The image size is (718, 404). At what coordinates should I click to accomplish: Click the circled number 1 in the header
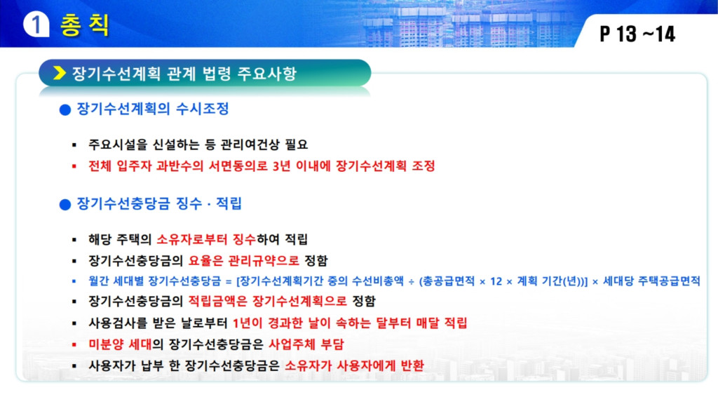click(36, 24)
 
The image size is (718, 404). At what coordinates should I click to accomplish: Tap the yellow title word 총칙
click(85, 25)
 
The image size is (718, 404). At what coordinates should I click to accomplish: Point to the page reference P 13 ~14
click(637, 34)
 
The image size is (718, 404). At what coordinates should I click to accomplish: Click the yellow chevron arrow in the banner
click(60, 73)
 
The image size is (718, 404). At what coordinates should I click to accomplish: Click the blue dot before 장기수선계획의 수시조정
click(65, 110)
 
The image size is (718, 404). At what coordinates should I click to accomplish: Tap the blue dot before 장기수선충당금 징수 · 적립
click(65, 204)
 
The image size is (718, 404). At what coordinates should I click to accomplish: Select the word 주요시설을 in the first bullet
click(118, 144)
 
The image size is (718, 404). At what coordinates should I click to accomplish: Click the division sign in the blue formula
click(411, 282)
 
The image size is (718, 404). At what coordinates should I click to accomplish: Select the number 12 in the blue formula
click(496, 281)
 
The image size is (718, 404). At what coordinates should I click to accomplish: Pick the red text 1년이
click(248, 323)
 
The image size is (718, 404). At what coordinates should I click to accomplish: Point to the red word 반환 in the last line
click(412, 365)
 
